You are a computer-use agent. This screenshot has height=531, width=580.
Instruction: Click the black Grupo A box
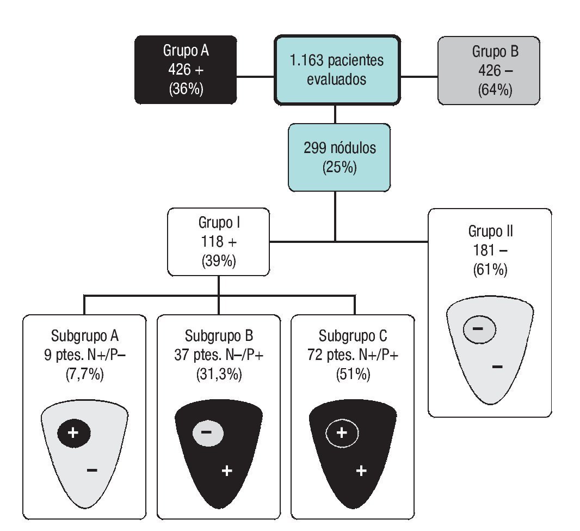186,69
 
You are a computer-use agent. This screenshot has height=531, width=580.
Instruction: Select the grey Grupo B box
489,70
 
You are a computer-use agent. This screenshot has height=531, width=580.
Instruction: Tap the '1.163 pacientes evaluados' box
337,70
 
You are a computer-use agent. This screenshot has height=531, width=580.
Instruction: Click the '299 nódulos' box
339,157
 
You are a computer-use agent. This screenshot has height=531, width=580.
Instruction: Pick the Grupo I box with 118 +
218,241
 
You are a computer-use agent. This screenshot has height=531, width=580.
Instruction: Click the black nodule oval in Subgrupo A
74,433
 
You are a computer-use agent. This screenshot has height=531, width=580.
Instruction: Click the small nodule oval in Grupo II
479,329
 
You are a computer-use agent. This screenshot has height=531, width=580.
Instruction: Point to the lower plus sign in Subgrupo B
227,471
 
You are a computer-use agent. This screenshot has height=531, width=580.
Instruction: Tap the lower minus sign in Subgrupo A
92,469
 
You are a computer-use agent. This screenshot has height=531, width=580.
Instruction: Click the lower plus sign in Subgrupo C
361,471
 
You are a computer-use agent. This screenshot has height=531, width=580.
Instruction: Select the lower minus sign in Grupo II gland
497,367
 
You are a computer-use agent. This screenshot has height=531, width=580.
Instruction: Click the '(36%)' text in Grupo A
186,89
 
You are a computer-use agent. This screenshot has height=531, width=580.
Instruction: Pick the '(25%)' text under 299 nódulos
339,167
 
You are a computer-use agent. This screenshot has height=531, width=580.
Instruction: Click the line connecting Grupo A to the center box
255,77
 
